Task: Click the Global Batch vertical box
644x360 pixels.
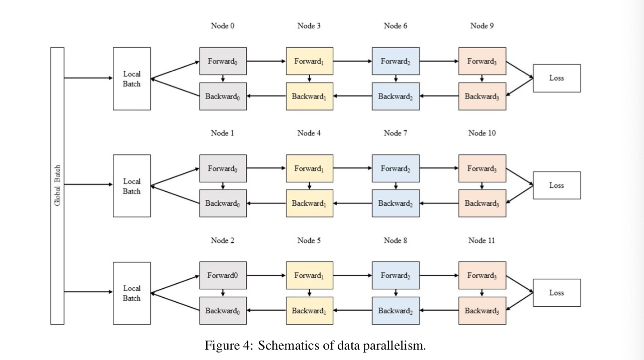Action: tap(57, 186)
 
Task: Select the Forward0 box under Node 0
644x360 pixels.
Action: tap(223, 61)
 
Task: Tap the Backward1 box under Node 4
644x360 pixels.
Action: tap(310, 203)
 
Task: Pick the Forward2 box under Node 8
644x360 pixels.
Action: tap(396, 276)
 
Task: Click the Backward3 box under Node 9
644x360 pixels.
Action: tap(483, 97)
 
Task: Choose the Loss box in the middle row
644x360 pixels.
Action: tap(557, 185)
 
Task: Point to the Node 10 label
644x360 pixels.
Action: tap(482, 133)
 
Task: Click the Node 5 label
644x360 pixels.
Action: tap(309, 240)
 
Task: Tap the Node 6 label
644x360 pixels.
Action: tap(396, 26)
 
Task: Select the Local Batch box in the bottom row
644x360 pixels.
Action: tap(132, 293)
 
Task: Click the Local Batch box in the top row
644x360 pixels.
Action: tap(132, 79)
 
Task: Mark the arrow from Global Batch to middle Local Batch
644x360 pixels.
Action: tap(88, 185)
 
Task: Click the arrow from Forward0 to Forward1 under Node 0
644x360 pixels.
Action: tap(266, 61)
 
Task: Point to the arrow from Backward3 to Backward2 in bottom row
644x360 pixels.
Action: tap(439, 310)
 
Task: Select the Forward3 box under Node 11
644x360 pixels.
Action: tap(483, 276)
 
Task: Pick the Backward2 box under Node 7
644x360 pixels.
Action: tap(396, 203)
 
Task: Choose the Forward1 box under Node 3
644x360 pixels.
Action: tap(310, 61)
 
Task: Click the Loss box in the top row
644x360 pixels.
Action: tap(557, 78)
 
